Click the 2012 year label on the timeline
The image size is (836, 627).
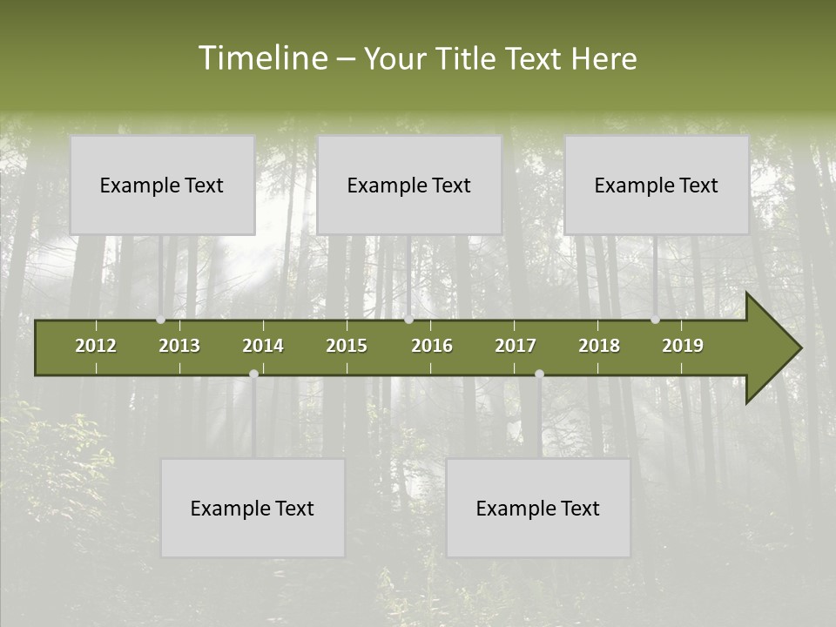[x=96, y=346]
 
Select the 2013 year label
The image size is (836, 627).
[x=179, y=346]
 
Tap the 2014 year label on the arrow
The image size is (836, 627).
[x=263, y=346]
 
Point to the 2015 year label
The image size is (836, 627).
[x=347, y=346]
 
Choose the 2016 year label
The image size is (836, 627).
[x=432, y=346]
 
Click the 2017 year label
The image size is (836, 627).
[x=516, y=346]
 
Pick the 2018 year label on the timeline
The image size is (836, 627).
[x=599, y=346]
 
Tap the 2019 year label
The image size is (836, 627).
[x=683, y=346]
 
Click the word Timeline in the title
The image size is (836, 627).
[x=261, y=58]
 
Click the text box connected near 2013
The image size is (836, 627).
[x=162, y=185]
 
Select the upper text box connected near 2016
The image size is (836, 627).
[x=409, y=185]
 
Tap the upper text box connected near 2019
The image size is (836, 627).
[x=657, y=185]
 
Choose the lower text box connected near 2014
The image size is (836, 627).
[x=253, y=508]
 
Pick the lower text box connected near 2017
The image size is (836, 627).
[x=538, y=508]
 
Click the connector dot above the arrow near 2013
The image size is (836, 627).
[x=160, y=320]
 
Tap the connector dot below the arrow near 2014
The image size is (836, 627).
[x=253, y=374]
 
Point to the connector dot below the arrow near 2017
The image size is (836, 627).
[x=539, y=374]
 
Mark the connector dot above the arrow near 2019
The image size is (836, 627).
[x=655, y=320]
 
